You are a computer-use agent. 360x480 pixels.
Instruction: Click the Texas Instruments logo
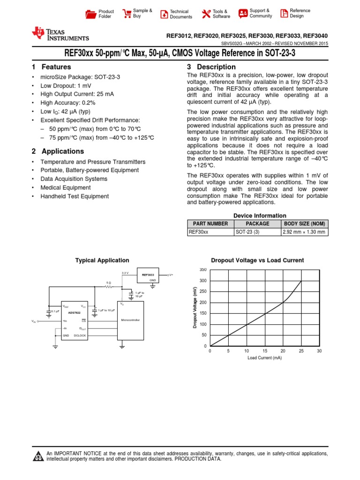[60, 34]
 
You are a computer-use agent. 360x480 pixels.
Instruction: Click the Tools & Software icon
[206, 14]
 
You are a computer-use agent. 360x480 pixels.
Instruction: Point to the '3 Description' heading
[211, 67]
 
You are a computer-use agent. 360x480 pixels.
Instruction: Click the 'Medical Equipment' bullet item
[66, 187]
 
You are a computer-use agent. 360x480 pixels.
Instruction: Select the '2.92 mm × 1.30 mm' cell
[305, 232]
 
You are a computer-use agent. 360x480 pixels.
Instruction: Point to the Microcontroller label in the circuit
[131, 320]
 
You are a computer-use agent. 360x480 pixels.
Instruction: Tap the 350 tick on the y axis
[202, 270]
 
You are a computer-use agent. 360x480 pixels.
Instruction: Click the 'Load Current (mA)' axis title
[264, 358]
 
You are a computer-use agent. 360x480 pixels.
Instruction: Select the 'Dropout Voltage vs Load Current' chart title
[257, 260]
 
